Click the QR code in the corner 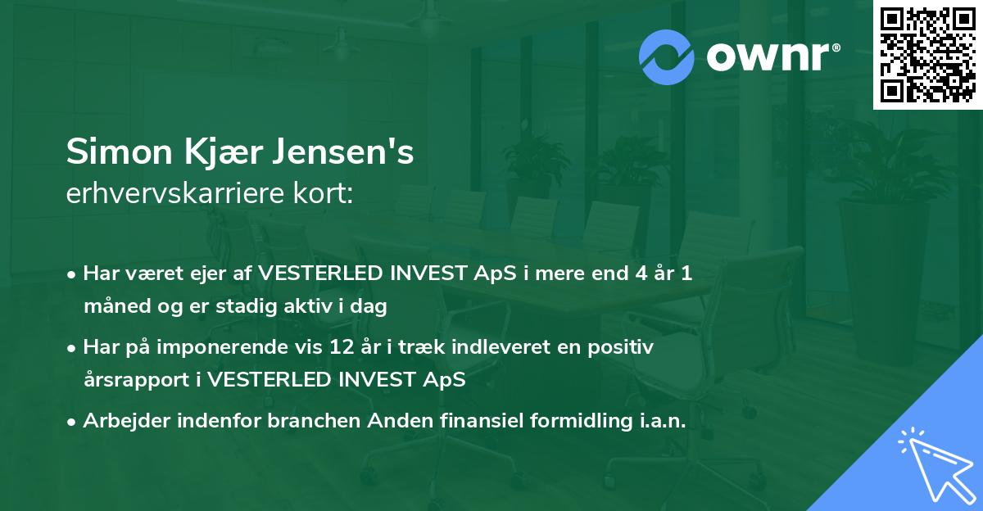(x=927, y=55)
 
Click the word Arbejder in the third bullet (x=120, y=421)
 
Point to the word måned (x=111, y=306)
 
